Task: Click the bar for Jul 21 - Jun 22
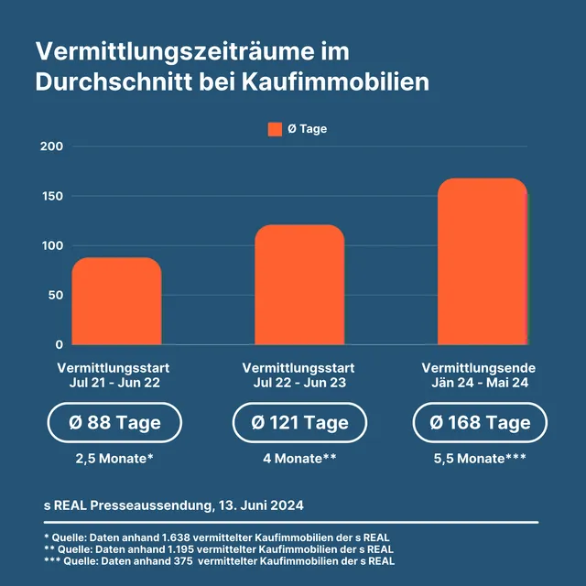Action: (116, 301)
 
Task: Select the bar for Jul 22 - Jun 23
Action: (299, 285)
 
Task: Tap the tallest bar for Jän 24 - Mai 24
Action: (482, 262)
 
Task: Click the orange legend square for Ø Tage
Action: (275, 129)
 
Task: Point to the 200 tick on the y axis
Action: (51, 146)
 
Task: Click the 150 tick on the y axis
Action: (51, 196)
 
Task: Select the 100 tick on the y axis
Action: (51, 245)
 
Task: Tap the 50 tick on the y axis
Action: (55, 295)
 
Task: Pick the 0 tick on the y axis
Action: (59, 344)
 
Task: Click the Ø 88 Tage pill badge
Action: (114, 422)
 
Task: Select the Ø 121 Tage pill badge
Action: (299, 422)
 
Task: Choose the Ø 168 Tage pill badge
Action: (481, 422)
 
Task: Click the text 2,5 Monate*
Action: (114, 458)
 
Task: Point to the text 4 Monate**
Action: (299, 458)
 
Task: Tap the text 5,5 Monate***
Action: (481, 458)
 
